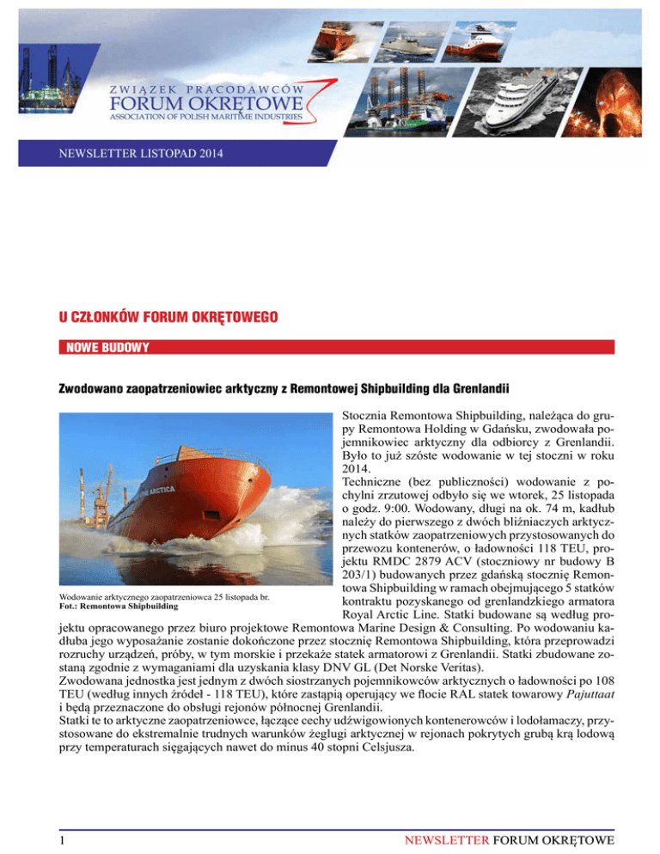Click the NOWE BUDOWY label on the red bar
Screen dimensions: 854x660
[101, 347]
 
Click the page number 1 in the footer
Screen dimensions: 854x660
[52, 829]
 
